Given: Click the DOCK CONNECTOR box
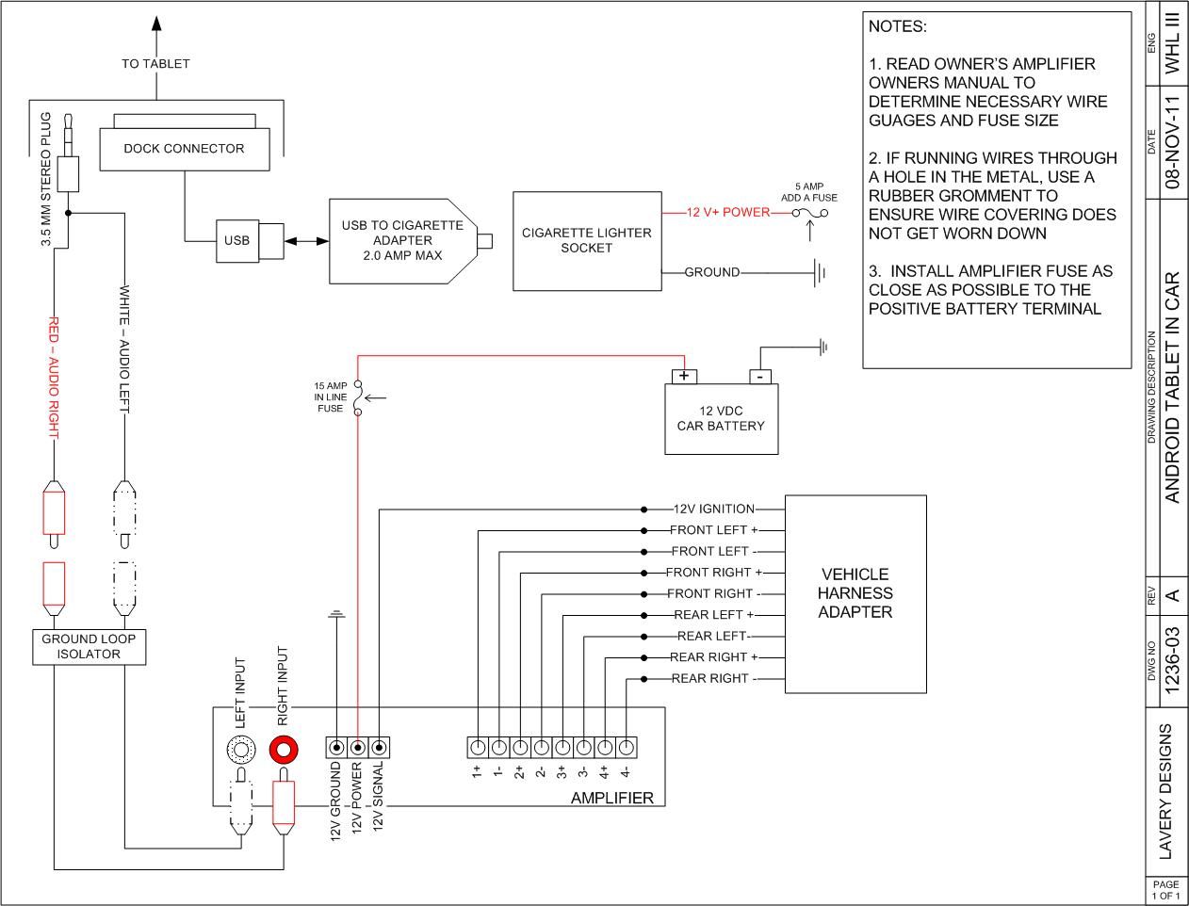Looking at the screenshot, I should [184, 149].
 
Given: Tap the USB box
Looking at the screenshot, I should [236, 240].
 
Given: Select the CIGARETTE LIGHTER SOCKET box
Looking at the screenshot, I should [586, 241].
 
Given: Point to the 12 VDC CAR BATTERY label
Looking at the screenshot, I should [721, 418].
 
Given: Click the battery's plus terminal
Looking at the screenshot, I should [685, 377].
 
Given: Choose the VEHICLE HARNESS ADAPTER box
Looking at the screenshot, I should [855, 593].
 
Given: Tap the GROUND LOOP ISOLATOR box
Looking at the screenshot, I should [89, 646].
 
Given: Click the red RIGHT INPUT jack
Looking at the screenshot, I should [285, 749].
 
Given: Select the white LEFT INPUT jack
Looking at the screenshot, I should [241, 749].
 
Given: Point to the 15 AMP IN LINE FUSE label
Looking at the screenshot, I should [330, 397].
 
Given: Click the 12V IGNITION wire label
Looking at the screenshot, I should [713, 510].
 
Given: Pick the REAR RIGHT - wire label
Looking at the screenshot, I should [713, 679].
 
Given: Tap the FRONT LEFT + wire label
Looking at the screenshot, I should [713, 530].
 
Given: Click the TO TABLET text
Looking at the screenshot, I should [155, 64].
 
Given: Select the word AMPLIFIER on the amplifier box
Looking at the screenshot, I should [611, 799].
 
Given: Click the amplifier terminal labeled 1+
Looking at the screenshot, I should [478, 748].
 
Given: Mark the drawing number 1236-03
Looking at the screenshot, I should [1172, 660].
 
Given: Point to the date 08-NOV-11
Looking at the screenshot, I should [1172, 142].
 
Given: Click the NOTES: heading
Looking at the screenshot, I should [897, 27].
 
